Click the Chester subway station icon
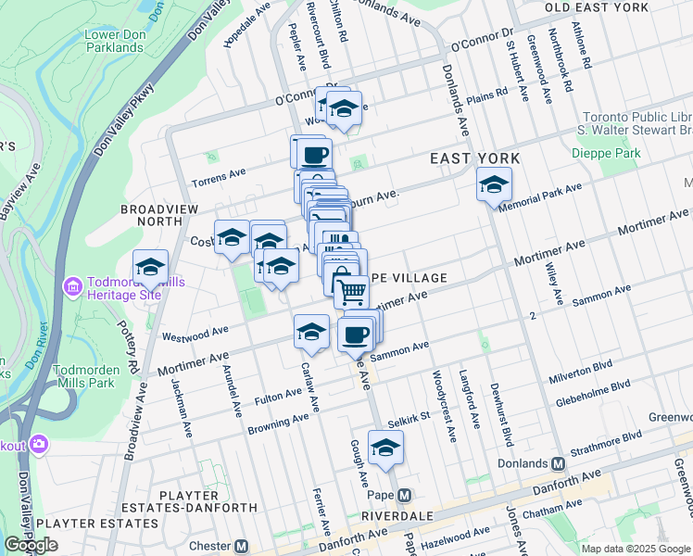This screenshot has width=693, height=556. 242,546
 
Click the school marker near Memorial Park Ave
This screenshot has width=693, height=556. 494,183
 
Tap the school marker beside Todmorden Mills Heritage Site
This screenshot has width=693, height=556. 150,268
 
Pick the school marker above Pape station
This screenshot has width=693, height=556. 385,449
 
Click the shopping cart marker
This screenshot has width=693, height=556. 352,292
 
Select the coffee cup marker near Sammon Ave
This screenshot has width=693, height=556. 355,335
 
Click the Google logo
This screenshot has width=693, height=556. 31,545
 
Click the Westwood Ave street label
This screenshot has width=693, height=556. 195,333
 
